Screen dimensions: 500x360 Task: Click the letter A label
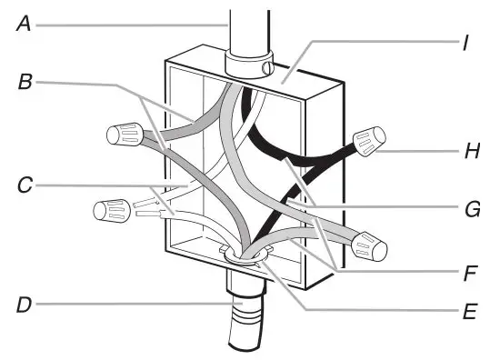(24, 25)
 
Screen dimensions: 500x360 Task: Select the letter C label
(25, 188)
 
